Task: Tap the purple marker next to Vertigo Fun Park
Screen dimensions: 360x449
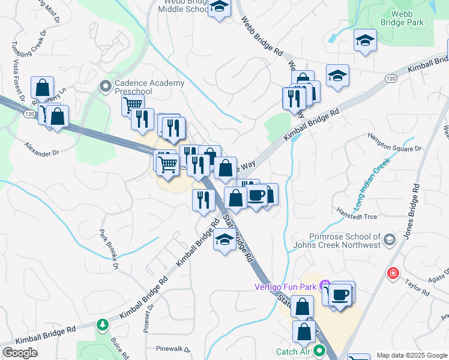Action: [325, 284]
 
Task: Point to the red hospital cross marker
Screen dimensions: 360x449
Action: [393, 274]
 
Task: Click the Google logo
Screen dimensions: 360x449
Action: [20, 353]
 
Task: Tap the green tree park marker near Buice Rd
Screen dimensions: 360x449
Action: [103, 325]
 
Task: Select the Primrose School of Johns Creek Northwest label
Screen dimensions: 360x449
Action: [337, 241]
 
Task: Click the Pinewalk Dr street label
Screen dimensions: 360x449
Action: [172, 349]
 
